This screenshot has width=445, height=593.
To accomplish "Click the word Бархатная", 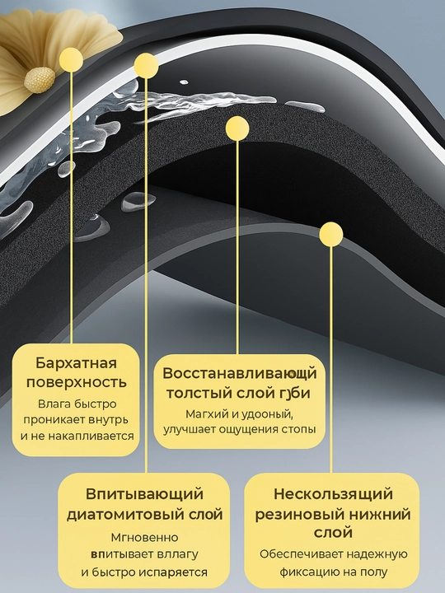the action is pos(76,363).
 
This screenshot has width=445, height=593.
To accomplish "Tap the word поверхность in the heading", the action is pos(76,382).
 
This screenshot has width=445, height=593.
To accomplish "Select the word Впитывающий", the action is pos(144,494).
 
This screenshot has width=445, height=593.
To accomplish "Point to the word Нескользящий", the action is pos(333,494).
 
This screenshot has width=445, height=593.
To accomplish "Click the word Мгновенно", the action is pos(144,537).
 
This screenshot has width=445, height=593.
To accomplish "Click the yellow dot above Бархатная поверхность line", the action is pos(71,59).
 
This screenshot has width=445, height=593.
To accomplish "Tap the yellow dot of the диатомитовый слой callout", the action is pos(146,65).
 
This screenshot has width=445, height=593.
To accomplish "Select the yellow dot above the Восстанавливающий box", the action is pos(237,128).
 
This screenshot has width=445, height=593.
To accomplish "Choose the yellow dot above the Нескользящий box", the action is pos(331,234).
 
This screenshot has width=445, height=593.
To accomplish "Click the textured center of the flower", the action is pos(40,80).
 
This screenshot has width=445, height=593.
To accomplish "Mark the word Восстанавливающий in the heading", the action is pos(239,374).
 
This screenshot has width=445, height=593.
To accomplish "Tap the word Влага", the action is pos(54,404).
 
